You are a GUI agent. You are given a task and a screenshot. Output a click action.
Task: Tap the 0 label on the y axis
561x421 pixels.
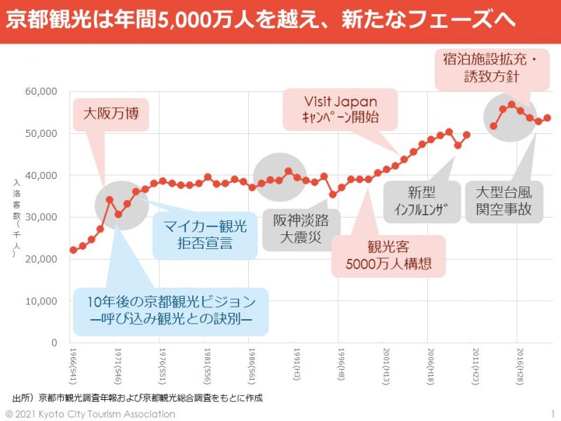(x=53, y=342)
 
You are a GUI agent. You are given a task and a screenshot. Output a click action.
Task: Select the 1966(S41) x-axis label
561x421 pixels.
(x=74, y=363)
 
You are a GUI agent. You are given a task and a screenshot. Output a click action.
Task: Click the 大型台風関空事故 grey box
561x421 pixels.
(x=503, y=201)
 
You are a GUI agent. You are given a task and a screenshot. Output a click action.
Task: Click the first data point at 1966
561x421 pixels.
(x=73, y=250)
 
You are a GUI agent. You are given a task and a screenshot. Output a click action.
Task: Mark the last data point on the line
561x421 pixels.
(x=547, y=118)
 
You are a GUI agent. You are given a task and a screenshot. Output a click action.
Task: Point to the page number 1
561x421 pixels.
(x=553, y=414)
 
